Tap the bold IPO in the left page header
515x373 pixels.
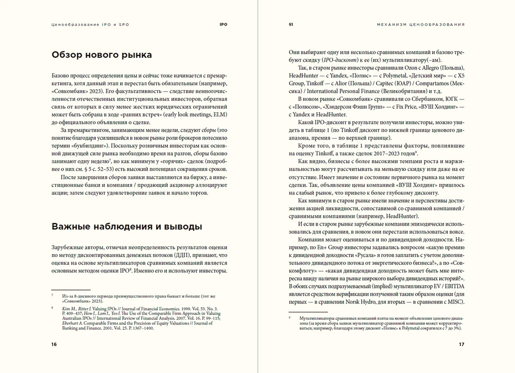tap(223, 24)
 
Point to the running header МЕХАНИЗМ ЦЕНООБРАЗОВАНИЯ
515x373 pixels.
tap(421, 24)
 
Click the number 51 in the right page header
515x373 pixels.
tap(291, 24)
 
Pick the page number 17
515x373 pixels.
tap(461, 344)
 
